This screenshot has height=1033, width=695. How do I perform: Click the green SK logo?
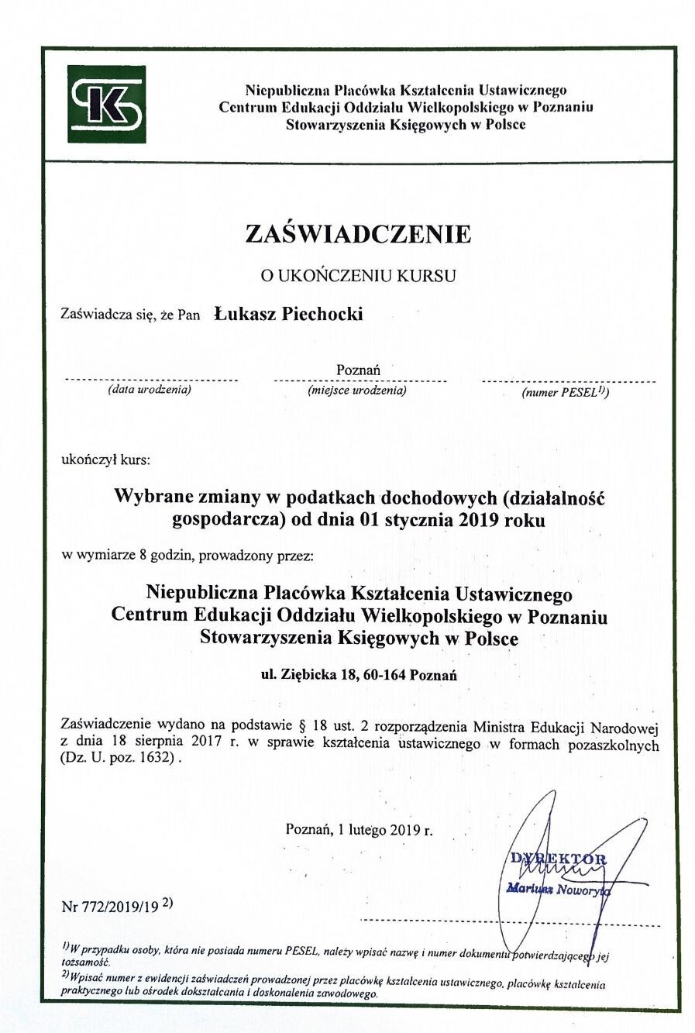pos(106,104)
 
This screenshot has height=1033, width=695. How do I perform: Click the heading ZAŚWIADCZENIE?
pos(358,233)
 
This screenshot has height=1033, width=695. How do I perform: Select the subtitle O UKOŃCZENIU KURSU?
pos(357,274)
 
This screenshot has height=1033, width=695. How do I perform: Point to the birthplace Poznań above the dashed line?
pos(358,370)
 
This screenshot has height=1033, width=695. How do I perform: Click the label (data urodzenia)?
pos(150,389)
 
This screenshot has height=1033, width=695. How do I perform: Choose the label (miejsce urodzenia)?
pos(356,390)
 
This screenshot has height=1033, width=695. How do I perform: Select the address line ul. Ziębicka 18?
pos(359,674)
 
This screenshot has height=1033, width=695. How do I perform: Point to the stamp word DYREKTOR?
pos(558,859)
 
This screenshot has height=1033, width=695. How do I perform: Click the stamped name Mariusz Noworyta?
pos(558,889)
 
